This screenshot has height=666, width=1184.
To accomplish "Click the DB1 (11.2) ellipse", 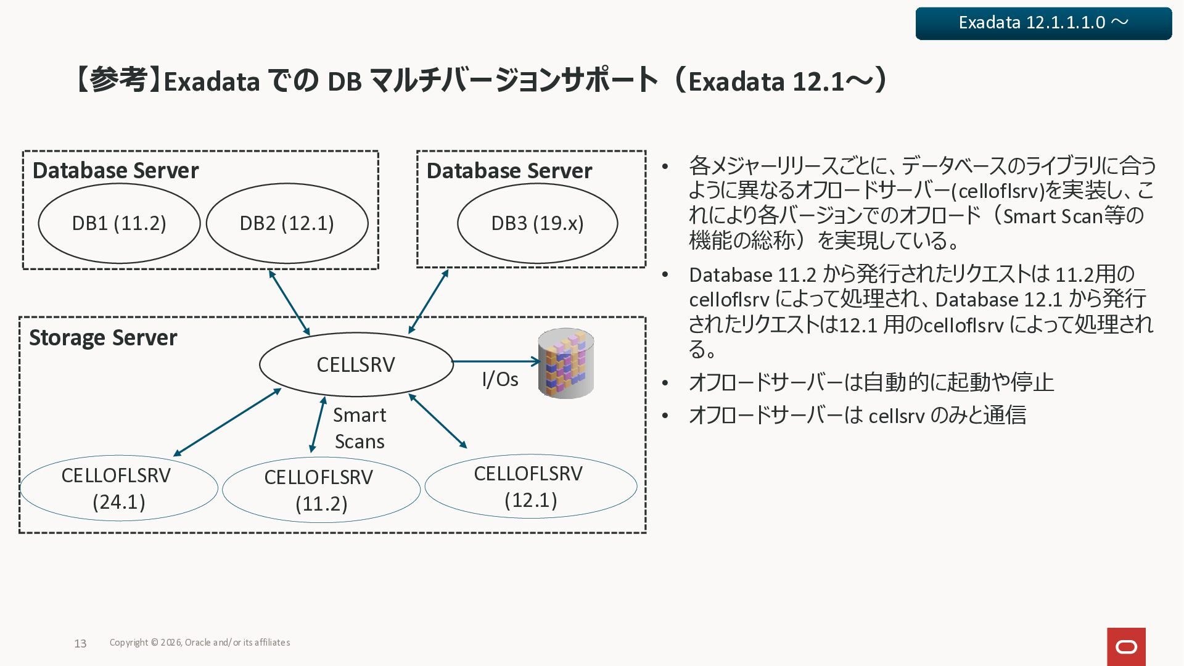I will [119, 223].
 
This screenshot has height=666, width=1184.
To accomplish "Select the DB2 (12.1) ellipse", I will [287, 223].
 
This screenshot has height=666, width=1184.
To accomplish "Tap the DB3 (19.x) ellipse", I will [537, 223].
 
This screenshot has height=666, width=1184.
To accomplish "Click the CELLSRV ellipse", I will [356, 364].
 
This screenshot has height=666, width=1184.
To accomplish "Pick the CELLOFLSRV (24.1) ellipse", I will [119, 488].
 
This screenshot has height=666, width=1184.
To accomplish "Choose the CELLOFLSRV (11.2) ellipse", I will [321, 490].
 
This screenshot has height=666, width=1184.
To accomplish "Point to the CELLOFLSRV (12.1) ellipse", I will [531, 487].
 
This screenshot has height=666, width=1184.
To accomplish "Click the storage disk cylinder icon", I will [565, 363].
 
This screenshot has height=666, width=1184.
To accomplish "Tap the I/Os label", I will [499, 379].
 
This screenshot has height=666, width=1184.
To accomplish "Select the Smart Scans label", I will [360, 428].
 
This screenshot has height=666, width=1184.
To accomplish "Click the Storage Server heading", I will [103, 338].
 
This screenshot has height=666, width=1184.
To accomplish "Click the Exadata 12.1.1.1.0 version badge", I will [1043, 23].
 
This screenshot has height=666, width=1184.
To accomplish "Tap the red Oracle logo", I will [1126, 646].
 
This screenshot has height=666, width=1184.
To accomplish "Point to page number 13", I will [80, 644].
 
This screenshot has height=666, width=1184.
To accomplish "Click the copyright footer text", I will [200, 643].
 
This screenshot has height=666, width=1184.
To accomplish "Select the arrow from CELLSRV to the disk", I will [496, 361].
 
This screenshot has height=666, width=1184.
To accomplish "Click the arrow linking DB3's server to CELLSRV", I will [429, 302].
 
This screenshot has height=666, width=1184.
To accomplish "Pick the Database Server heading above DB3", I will [509, 171].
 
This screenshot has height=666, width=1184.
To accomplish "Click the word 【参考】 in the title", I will [117, 81].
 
